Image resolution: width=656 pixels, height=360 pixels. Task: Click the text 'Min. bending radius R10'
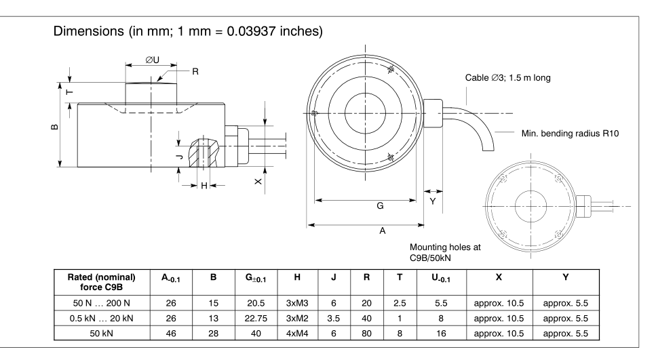point(566,133)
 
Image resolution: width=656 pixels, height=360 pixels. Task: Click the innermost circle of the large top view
point(366,111)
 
